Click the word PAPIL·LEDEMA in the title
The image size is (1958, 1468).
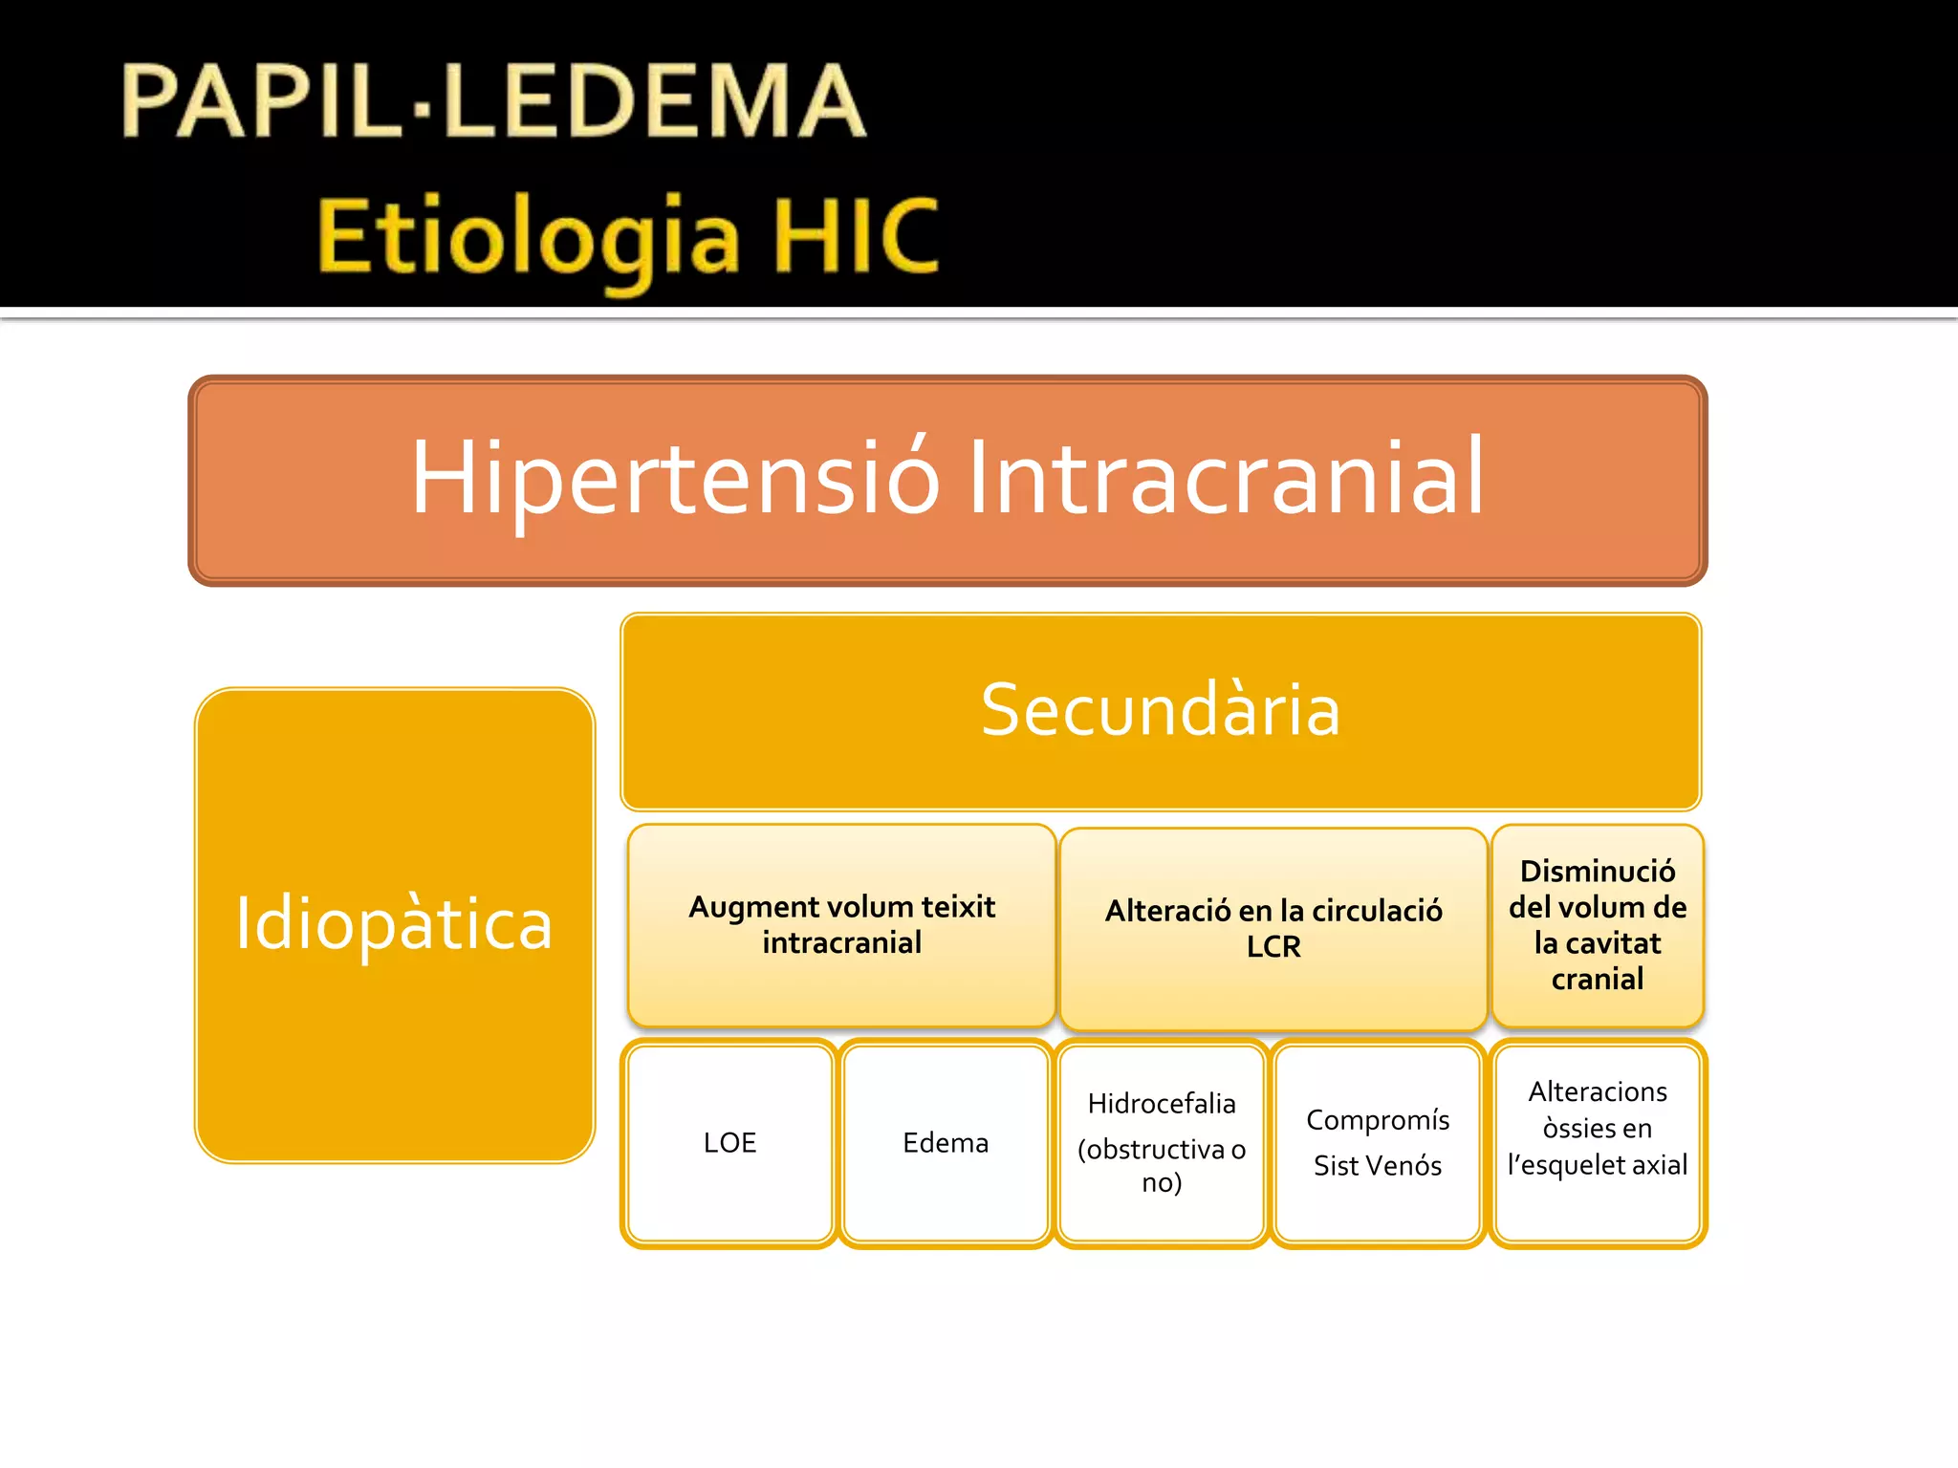click(493, 101)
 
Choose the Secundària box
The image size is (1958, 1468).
click(1160, 711)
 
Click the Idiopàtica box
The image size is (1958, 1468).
click(394, 924)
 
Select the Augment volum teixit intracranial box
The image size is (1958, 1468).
click(841, 924)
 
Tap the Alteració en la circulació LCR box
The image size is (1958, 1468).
click(1273, 928)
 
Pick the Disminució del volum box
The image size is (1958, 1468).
click(1597, 924)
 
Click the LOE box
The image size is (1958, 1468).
click(729, 1143)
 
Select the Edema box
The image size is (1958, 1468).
click(946, 1143)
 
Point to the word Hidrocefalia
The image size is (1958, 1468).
click(1161, 1104)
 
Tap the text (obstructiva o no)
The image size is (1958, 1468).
click(1161, 1165)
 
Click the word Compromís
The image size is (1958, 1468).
click(1377, 1120)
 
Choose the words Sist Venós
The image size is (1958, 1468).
click(1377, 1166)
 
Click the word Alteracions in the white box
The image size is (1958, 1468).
click(1597, 1091)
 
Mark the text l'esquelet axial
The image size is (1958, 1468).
click(1597, 1165)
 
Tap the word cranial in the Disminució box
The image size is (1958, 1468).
click(1597, 979)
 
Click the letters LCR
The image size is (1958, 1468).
click(1273, 947)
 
